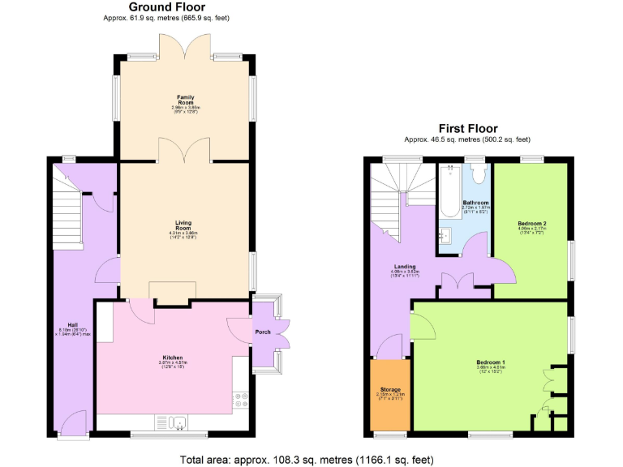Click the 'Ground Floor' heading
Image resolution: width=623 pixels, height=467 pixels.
(156, 7)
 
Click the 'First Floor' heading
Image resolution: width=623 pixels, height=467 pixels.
(468, 128)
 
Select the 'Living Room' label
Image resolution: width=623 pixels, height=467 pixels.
(184, 225)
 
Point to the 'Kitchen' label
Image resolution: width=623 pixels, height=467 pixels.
(172, 358)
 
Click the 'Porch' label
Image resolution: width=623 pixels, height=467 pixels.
(263, 332)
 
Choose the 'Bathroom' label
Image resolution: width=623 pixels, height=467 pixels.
(475, 203)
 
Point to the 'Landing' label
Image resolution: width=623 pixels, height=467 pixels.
(406, 267)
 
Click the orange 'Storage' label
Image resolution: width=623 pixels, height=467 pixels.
(391, 390)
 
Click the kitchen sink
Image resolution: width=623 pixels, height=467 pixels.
(178, 422)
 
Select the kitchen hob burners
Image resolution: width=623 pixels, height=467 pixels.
(242, 398)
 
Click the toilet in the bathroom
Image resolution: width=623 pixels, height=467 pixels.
(477, 174)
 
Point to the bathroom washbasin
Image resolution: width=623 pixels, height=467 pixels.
(445, 236)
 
